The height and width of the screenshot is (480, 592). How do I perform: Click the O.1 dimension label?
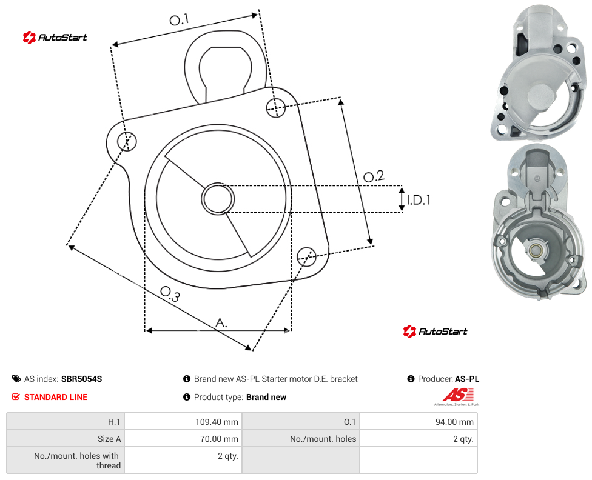tap(179, 19)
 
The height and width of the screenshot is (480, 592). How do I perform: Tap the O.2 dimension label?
tap(374, 176)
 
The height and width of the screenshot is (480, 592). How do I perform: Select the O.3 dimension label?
tap(170, 294)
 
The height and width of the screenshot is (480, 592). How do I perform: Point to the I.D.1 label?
tap(419, 200)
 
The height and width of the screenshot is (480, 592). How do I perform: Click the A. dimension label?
tap(221, 323)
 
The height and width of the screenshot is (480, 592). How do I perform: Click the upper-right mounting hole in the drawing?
tap(276, 107)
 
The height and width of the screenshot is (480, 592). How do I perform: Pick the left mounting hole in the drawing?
tap(127, 141)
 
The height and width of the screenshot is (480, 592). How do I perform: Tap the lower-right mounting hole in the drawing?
tap(306, 256)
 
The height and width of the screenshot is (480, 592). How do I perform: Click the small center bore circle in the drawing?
tap(218, 199)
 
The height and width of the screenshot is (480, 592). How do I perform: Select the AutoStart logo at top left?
tap(55, 38)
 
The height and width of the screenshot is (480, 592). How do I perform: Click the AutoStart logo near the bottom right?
tap(435, 332)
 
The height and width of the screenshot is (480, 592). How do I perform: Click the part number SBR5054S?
tap(81, 379)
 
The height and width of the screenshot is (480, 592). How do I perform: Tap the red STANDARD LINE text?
tap(56, 397)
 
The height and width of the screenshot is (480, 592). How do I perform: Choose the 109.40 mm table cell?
tap(183, 421)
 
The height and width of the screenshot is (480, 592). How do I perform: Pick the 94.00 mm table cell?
tap(419, 421)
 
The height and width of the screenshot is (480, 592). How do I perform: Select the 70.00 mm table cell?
tap(183, 439)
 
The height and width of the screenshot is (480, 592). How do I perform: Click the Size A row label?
tap(109, 439)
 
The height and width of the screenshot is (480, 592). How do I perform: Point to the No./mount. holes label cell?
tap(323, 439)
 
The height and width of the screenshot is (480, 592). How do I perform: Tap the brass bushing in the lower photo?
tap(534, 250)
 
